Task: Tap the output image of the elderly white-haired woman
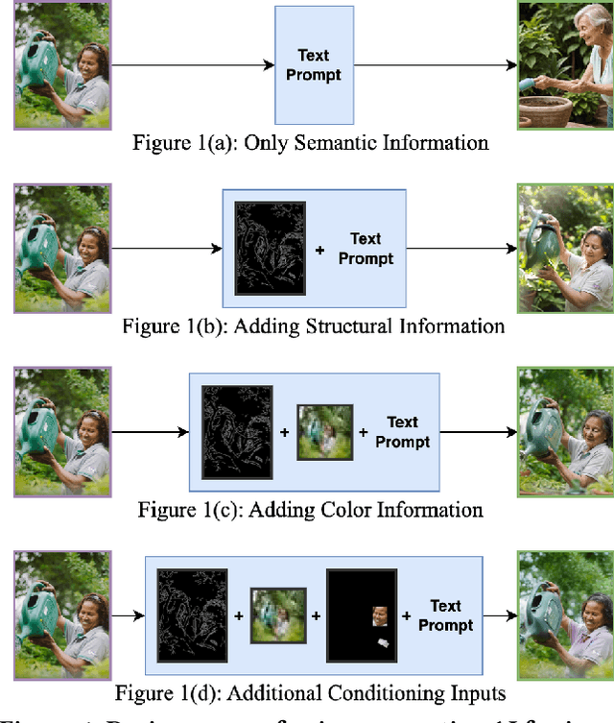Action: click(x=565, y=64)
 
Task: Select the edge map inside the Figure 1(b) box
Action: click(x=271, y=249)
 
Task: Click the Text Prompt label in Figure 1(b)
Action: click(x=366, y=249)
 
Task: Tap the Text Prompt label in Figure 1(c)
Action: click(x=402, y=431)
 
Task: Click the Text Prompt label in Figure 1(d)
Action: click(x=445, y=615)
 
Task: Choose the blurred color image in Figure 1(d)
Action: click(x=277, y=615)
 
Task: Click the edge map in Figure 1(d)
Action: click(x=192, y=615)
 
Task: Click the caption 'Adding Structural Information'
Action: click(x=313, y=326)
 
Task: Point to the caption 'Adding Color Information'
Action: click(x=310, y=509)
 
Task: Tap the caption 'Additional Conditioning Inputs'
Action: click(x=310, y=693)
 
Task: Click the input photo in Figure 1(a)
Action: click(x=62, y=64)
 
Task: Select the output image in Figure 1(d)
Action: click(x=565, y=615)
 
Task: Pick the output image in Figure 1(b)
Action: click(x=565, y=249)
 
